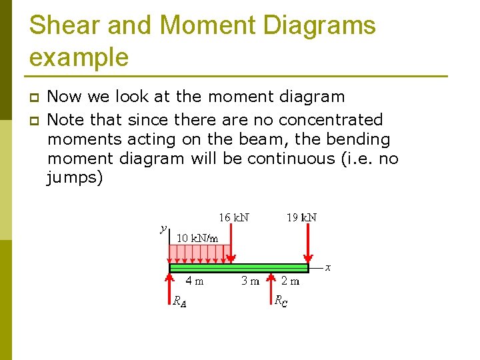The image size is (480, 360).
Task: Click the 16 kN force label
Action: click(234, 217)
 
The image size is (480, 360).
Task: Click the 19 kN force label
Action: click(301, 217)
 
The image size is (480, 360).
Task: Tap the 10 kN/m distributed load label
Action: click(197, 238)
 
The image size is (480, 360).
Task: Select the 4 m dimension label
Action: click(195, 281)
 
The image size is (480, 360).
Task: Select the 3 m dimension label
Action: click(250, 281)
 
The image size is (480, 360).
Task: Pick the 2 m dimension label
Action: click(291, 281)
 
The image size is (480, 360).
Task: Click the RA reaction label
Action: click(179, 301)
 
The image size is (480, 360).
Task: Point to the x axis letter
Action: click(328, 268)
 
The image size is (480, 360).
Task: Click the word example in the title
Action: click(79, 57)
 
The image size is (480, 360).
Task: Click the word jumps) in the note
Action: click(75, 178)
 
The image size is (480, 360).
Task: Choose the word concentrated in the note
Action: click(331, 120)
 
